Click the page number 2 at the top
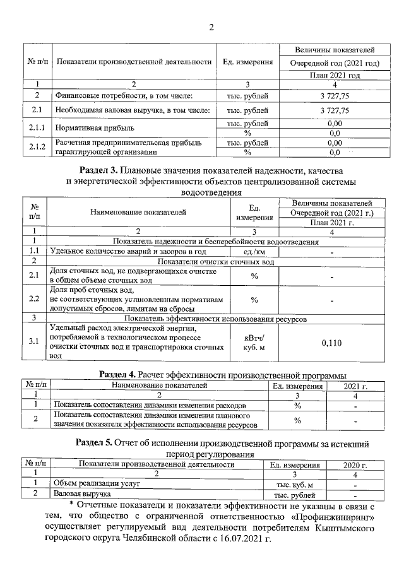click(x=211, y=27)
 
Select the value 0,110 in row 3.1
click(x=331, y=343)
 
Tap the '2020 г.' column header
click(x=355, y=464)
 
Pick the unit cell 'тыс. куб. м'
click(x=294, y=485)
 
